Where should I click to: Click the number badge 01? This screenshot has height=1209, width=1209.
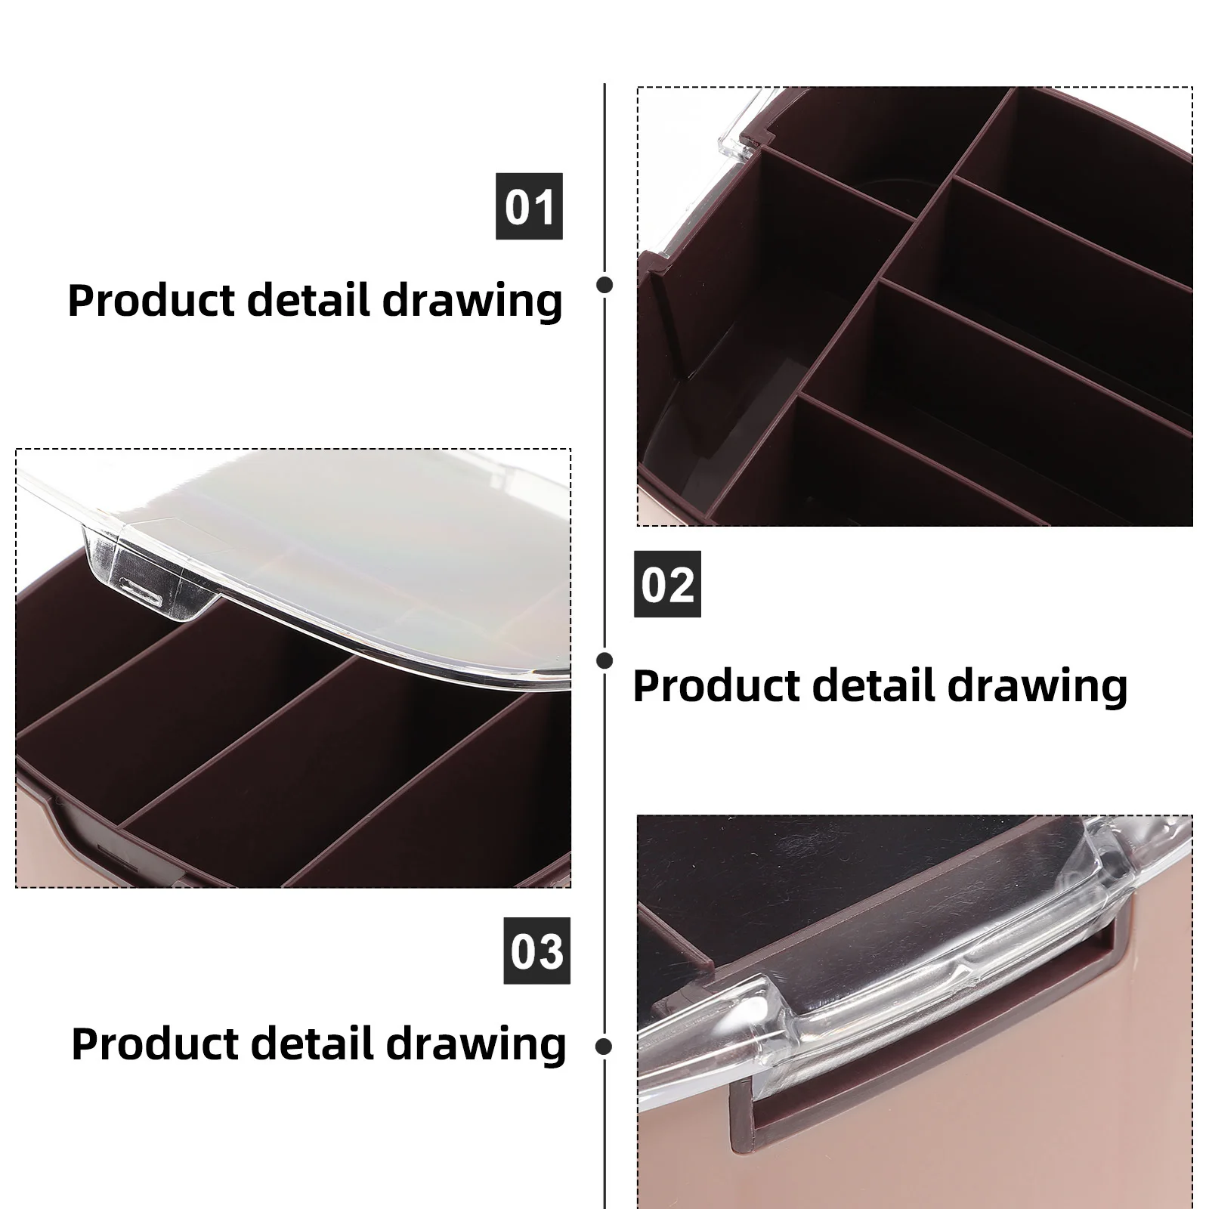[529, 206]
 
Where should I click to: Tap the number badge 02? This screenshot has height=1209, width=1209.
[667, 584]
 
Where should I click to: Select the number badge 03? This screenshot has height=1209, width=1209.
[537, 951]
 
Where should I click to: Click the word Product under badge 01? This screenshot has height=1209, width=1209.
[151, 301]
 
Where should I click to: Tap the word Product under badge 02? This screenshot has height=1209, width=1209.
[716, 686]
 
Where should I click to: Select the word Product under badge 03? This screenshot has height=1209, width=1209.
[155, 1044]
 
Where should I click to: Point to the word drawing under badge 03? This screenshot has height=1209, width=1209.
[476, 1046]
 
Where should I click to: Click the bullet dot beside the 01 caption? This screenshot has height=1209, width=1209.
[604, 285]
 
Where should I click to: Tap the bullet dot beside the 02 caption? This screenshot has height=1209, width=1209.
[604, 661]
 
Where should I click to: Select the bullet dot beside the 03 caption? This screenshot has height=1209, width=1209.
[604, 1047]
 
